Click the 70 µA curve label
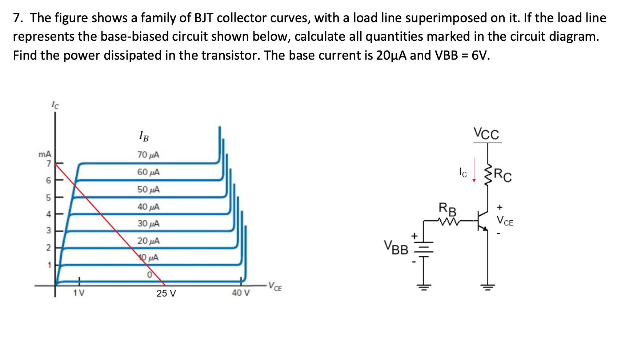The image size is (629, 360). tap(148, 155)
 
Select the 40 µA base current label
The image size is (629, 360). tap(148, 207)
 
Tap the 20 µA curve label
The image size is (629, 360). tap(148, 241)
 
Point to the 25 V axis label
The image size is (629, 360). tap(166, 293)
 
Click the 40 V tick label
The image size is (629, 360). tap(241, 293)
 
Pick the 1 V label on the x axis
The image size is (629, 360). tap(79, 293)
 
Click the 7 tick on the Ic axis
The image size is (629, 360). tap(48, 164)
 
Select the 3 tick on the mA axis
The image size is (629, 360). tap(48, 231)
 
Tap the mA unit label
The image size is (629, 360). tap(45, 154)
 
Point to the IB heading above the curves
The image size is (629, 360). tap(144, 136)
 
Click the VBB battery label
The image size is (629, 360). tap(396, 248)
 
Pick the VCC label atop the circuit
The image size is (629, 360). tap(486, 133)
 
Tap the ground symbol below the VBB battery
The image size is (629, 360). tap(423, 287)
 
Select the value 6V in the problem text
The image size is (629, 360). tap(480, 55)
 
